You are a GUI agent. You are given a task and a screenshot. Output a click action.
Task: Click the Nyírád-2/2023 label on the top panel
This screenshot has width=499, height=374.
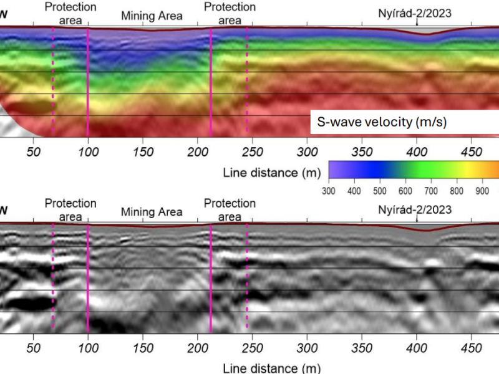tap(414, 12)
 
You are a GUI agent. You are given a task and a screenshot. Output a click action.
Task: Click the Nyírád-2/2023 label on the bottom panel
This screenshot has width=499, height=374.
tap(414, 209)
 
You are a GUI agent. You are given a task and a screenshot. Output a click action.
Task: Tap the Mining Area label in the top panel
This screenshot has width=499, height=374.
tap(152, 16)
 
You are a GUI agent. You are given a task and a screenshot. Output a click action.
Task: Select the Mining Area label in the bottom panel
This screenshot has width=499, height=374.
tap(152, 212)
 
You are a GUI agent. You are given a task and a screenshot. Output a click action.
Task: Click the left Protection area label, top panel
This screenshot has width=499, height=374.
tap(70, 13)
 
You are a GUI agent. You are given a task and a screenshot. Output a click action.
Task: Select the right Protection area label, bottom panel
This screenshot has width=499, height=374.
tap(230, 210)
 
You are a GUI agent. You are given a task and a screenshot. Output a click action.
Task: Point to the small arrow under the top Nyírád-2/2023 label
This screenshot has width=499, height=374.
tap(417, 22)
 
